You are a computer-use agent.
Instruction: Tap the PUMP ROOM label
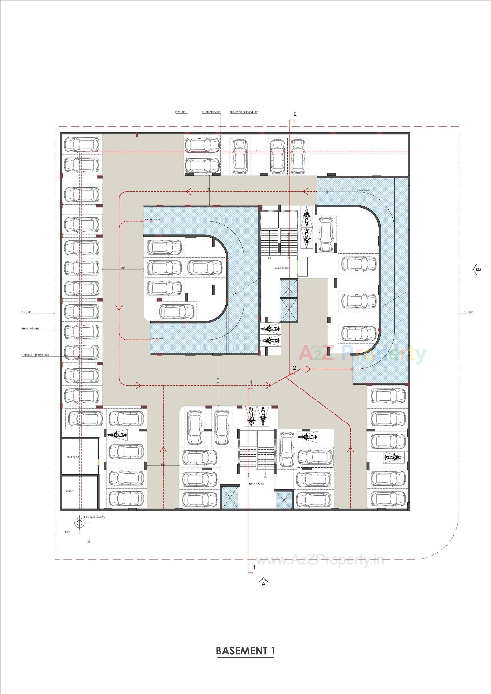73,457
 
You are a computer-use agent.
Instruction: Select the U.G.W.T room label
70,491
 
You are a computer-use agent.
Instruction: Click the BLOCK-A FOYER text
256,484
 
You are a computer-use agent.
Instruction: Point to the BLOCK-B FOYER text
282,268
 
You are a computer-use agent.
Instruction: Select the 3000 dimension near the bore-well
67,531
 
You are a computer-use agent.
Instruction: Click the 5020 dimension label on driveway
123,268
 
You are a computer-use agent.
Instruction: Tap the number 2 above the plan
295,114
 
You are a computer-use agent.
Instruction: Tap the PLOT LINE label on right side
468,312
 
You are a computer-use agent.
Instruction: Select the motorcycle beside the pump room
116,435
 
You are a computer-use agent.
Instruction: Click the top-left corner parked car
82,144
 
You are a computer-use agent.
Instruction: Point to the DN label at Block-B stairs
269,258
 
